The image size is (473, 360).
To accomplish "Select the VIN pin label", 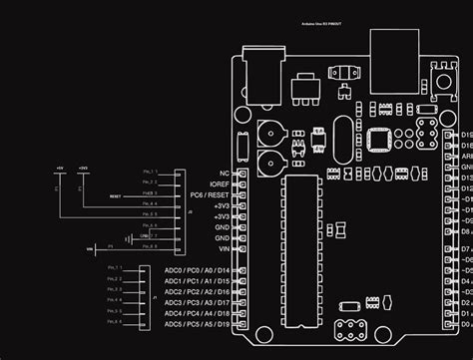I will tap(223, 249).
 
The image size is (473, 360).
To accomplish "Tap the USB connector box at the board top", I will tap(392, 50).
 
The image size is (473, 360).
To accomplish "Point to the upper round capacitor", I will tap(267, 131).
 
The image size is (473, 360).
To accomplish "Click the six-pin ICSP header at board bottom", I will tap(358, 329).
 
